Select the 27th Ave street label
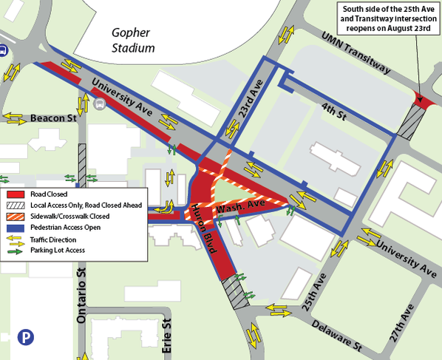404,319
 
